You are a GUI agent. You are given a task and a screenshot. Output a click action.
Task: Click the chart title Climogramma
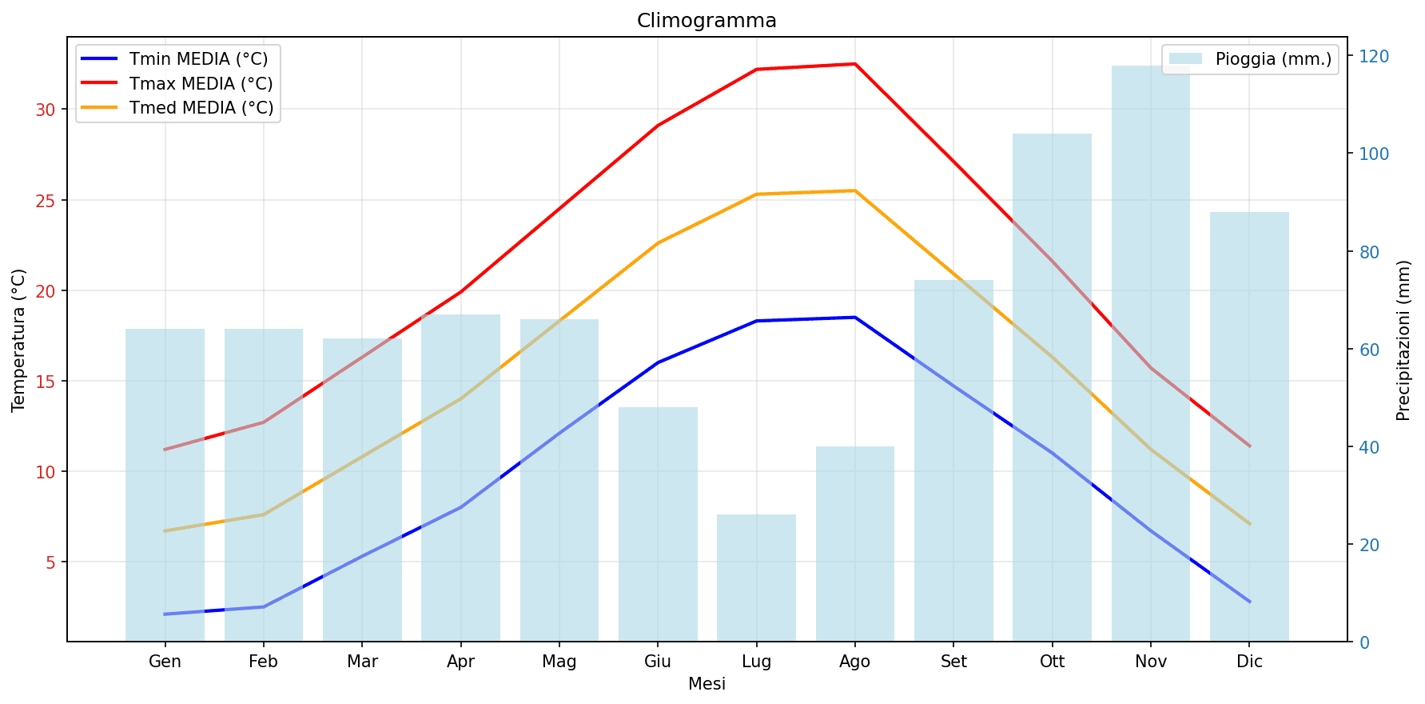(707, 21)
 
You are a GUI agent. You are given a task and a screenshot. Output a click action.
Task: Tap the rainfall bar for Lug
(756, 577)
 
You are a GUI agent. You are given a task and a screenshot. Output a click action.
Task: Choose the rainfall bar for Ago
(854, 543)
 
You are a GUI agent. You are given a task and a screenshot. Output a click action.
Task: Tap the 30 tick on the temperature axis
(46, 110)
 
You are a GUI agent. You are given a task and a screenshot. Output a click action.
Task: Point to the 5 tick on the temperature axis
(50, 562)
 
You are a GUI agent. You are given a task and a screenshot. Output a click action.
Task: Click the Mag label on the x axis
(559, 662)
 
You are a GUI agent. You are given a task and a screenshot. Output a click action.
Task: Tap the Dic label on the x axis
(1248, 662)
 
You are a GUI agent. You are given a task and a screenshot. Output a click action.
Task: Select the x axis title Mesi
(707, 684)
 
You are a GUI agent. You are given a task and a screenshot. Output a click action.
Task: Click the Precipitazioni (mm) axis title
(1403, 340)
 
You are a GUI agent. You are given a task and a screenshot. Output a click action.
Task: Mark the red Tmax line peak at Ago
(854, 64)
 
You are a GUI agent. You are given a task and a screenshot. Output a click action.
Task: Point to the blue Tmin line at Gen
(165, 614)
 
